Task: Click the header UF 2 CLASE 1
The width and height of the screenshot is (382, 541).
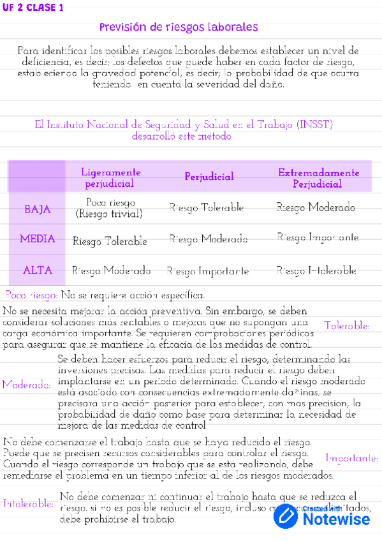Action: pos(33,8)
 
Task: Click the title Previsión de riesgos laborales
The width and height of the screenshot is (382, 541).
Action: pos(179,27)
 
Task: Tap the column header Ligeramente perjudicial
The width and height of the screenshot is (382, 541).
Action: pos(110,178)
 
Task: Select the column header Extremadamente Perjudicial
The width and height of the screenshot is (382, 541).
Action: pos(318,178)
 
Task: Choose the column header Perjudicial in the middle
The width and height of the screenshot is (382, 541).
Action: pos(209,177)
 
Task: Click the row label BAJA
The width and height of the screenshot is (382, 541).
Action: pos(37,209)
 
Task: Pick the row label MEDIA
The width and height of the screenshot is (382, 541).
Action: pos(37,239)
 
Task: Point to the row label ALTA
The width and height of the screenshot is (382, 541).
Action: pos(37,270)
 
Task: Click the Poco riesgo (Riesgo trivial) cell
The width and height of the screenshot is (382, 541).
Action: pos(109,209)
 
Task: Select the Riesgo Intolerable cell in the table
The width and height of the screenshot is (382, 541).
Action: pos(316,270)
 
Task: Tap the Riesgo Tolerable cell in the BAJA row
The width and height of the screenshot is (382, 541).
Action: pos(207,208)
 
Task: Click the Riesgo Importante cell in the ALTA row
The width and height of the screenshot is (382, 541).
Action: pos(207,271)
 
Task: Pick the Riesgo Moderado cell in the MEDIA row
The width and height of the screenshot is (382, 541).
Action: pos(209,239)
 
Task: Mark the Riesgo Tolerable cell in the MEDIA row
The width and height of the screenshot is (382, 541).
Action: pos(110,241)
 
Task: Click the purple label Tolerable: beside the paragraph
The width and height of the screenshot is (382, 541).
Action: pos(347,326)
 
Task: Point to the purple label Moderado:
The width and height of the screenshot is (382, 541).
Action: pos(26,385)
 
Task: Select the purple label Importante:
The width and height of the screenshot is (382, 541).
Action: pos(351,458)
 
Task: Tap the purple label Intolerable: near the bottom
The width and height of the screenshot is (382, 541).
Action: pos(28,503)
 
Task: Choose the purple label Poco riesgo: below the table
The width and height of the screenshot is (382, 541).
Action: pos(31,295)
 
